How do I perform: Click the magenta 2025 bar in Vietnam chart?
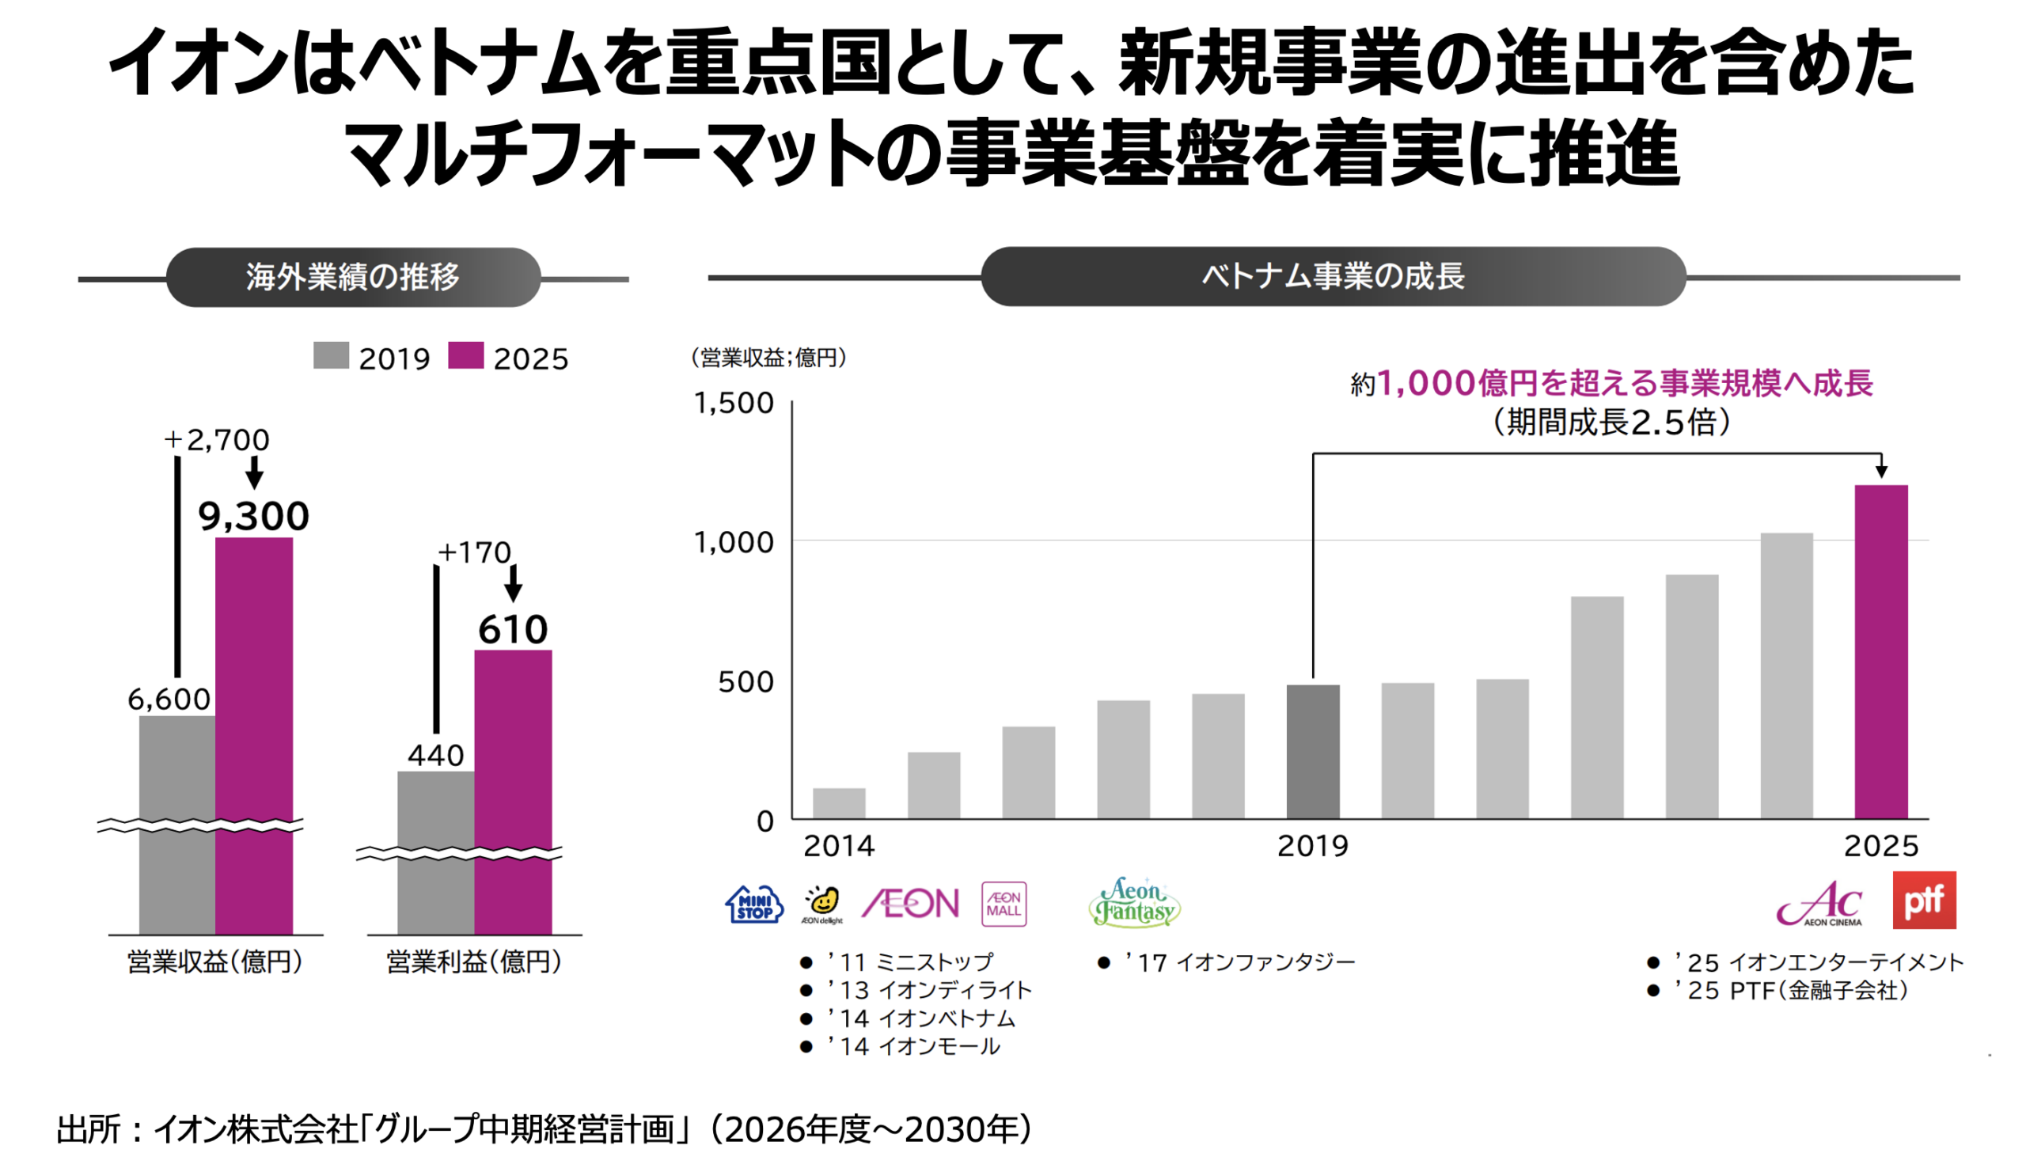click(x=1880, y=652)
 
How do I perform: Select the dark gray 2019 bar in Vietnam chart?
click(x=1312, y=752)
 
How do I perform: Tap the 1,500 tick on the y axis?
click(x=733, y=403)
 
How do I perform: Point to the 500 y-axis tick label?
click(x=746, y=681)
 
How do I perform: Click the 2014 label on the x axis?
click(x=839, y=847)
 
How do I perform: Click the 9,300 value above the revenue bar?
click(x=253, y=515)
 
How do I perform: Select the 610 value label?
click(x=513, y=628)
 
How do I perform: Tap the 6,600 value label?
click(x=169, y=700)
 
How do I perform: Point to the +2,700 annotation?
click(x=216, y=440)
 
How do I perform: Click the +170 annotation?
click(x=473, y=552)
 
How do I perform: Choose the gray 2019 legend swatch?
click(x=331, y=355)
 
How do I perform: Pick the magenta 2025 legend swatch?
click(x=465, y=355)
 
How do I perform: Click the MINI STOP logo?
click(x=754, y=905)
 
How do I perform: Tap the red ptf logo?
click(x=1924, y=901)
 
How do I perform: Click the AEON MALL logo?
click(x=1004, y=905)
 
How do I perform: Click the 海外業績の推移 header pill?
click(x=353, y=276)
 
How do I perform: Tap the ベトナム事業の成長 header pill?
click(x=1333, y=275)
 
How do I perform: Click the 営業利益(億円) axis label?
click(x=473, y=961)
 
